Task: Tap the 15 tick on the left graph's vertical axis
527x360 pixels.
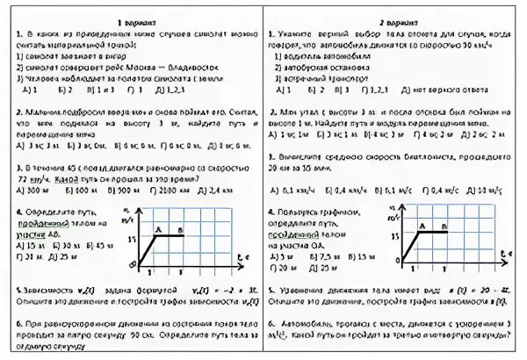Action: coord(133,238)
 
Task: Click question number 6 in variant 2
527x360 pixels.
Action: coord(272,322)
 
